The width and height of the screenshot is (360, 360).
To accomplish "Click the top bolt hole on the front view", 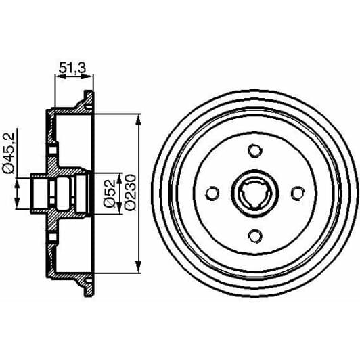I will [254, 151].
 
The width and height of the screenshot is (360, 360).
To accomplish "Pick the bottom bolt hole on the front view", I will [254, 235].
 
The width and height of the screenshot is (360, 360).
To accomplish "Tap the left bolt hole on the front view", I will [212, 194].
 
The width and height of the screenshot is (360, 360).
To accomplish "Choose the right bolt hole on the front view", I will [296, 194].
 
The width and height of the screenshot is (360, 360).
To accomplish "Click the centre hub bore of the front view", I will [254, 194].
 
